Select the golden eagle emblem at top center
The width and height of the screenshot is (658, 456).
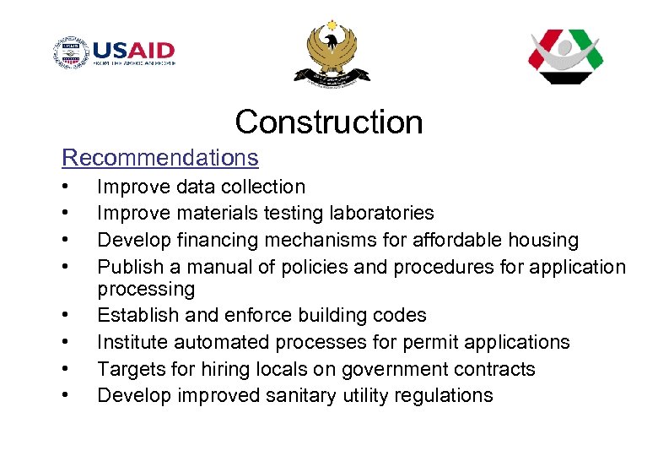332,53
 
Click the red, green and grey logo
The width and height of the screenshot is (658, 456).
565,56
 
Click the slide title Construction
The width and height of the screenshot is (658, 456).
329,122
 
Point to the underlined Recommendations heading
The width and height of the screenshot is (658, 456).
160,158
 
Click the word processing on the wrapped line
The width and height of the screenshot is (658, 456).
146,290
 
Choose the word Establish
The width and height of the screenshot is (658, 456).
135,316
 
